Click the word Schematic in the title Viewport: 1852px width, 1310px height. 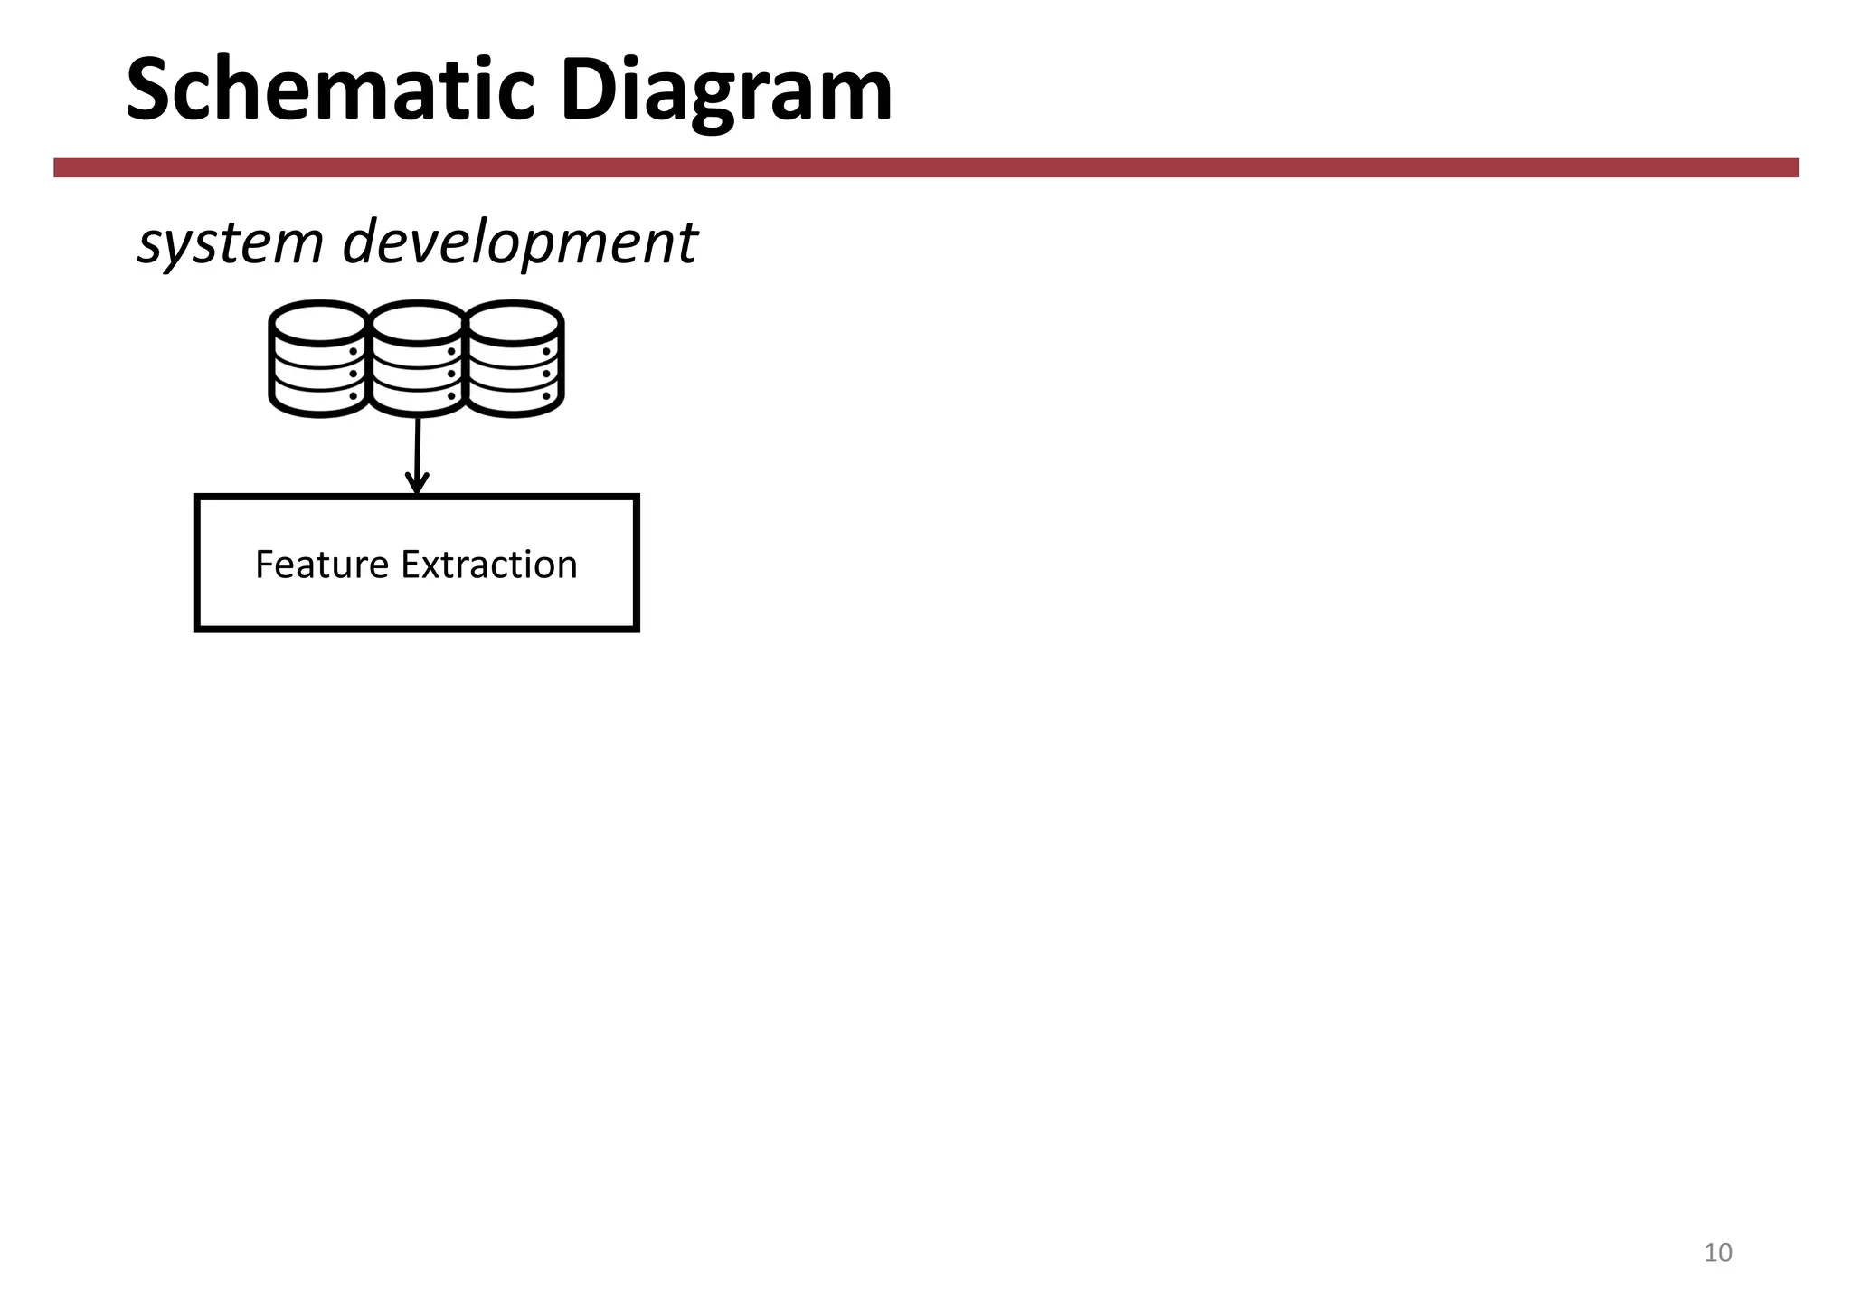tap(330, 90)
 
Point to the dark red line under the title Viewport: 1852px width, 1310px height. tap(926, 167)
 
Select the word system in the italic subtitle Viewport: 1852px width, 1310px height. tap(230, 243)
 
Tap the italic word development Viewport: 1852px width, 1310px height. tap(519, 243)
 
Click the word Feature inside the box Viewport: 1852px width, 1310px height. tap(322, 565)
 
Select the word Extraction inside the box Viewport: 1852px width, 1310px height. tap(489, 565)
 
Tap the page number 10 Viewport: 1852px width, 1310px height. tap(1717, 1253)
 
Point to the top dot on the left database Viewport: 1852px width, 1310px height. tap(353, 351)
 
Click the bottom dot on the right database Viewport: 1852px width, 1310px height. tap(546, 395)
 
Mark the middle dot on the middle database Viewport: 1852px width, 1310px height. tap(450, 374)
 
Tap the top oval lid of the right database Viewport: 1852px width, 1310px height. tap(515, 322)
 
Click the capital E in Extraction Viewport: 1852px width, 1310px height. tap(410, 565)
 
